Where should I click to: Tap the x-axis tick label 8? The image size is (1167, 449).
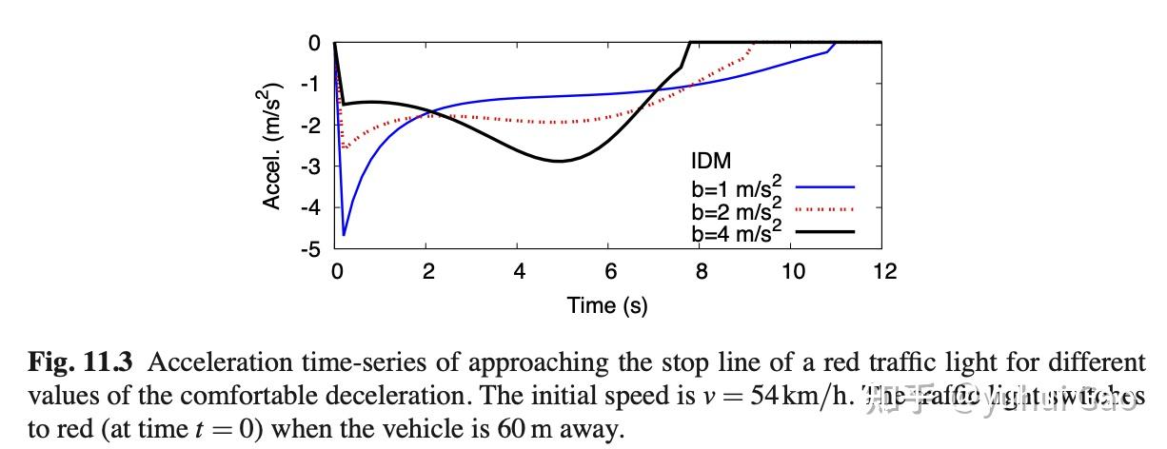[702, 272]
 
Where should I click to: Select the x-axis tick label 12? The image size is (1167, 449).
[885, 272]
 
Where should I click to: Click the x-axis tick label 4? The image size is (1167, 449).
[519, 272]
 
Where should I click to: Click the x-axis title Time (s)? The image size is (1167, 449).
[607, 305]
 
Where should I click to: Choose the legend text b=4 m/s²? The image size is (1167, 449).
[737, 231]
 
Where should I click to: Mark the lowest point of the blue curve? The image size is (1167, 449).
[344, 234]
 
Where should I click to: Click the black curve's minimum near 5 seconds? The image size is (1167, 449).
[560, 161]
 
